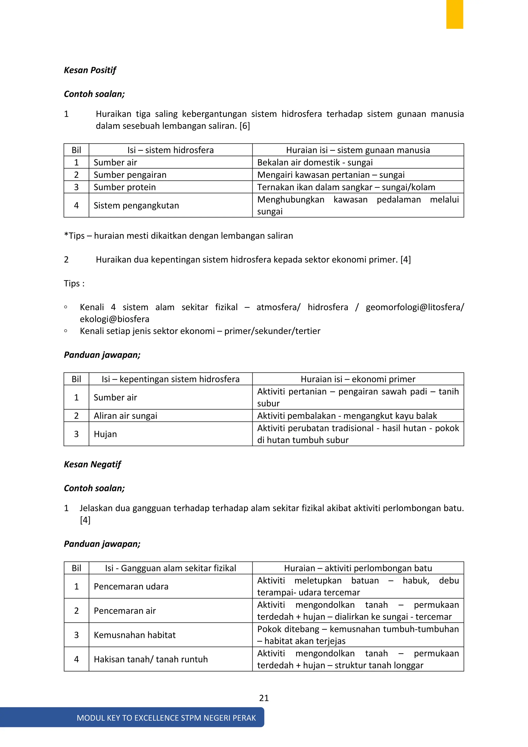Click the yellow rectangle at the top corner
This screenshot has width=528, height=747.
coord(454,14)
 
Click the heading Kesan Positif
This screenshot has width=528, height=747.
coord(90,70)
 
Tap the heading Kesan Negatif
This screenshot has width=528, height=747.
coord(92,464)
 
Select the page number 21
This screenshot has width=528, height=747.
coord(264,698)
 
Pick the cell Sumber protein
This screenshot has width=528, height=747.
coord(125,187)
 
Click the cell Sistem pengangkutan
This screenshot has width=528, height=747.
coord(136,205)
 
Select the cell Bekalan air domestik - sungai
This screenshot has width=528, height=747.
coord(315,162)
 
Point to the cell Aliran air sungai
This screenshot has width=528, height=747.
coord(126,416)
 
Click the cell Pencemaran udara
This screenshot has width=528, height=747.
coord(131,586)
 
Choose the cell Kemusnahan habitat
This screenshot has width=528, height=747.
coord(135,635)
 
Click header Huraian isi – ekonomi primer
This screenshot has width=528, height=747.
coord(358,379)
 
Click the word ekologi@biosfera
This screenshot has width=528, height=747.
coord(114,319)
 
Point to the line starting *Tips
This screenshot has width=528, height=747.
coord(178,236)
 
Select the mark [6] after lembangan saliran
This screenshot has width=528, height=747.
coord(244,126)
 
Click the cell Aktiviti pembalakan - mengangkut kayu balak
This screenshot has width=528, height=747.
coord(347,416)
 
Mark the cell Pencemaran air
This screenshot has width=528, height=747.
coord(125,611)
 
